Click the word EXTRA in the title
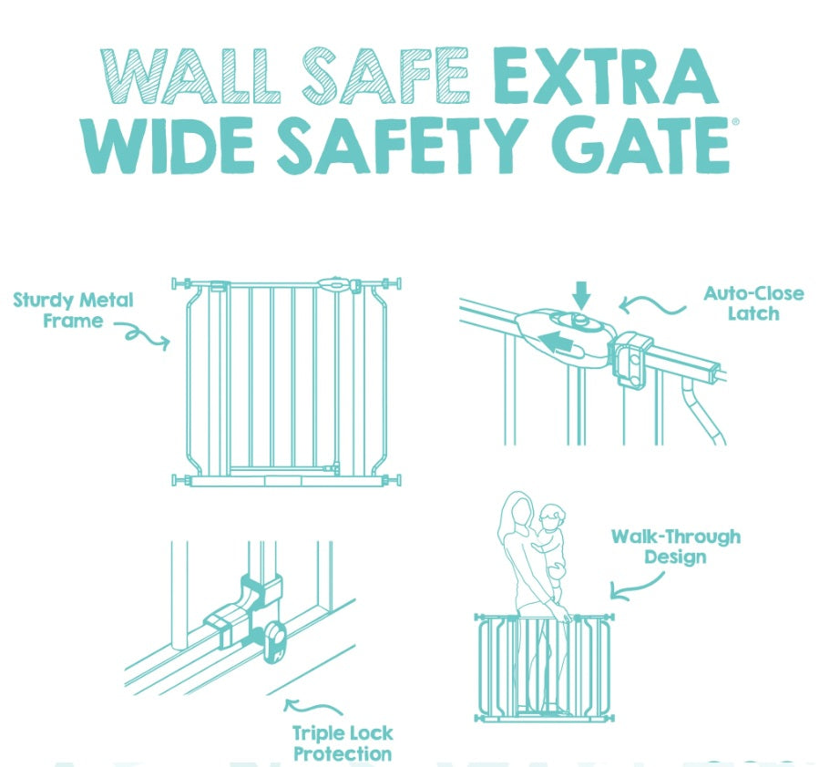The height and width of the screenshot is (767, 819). (606, 77)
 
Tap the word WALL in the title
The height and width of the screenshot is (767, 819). (190, 77)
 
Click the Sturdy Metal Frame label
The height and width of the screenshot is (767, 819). (73, 310)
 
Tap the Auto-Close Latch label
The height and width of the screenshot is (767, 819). (753, 303)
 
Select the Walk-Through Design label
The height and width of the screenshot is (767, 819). (675, 547)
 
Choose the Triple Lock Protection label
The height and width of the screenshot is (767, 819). (343, 743)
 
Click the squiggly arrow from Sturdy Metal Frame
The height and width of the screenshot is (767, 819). (142, 335)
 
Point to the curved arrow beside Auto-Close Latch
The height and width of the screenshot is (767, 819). (653, 306)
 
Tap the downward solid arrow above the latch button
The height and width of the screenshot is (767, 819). (581, 295)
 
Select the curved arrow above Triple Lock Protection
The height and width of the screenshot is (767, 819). (312, 707)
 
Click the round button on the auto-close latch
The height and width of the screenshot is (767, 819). (579, 321)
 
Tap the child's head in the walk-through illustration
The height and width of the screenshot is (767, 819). (552, 517)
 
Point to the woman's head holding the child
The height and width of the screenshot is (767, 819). (518, 509)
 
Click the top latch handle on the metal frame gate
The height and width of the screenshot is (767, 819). (334, 284)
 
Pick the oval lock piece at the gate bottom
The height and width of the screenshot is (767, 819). (275, 642)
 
